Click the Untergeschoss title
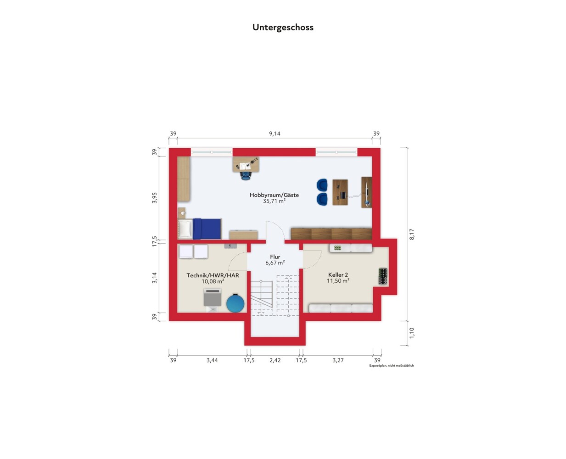283,28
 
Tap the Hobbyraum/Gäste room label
274,195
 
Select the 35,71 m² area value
274,201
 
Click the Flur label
275,257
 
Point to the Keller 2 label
338,274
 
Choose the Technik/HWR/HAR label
213,275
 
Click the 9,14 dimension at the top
275,134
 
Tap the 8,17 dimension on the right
412,234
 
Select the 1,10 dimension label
412,333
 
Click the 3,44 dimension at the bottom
212,360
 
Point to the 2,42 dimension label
275,360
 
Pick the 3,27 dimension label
338,360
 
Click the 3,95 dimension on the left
154,198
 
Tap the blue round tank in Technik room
235,303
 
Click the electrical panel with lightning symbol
230,246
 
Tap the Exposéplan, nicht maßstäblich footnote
392,365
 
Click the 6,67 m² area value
275,263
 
